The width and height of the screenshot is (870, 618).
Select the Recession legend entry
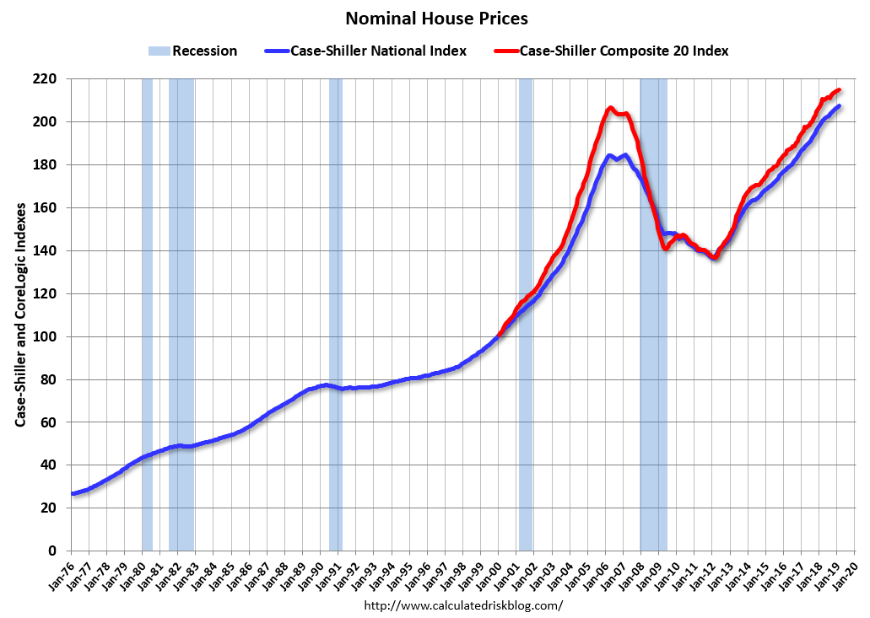coord(193,51)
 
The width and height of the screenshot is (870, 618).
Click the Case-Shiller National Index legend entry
coord(377,51)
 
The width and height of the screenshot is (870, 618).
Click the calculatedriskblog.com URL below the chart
coord(462,605)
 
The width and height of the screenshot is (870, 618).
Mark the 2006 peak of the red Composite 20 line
coord(610,108)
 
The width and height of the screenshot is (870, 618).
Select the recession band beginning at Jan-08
coord(653,337)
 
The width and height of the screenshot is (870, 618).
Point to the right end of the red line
coord(839,90)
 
